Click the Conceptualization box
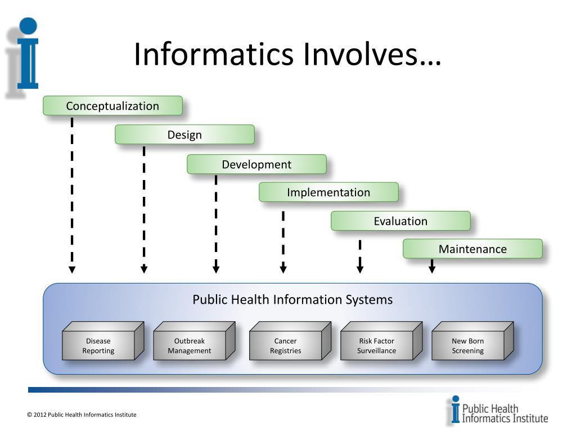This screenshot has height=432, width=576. point(112,106)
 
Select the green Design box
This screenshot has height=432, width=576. point(184,135)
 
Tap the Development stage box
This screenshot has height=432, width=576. point(256,164)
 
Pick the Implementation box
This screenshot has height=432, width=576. point(328,192)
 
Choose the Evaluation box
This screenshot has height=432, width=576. point(400,221)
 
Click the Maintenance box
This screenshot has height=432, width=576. point(472,249)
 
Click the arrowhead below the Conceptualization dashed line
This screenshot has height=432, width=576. point(72,269)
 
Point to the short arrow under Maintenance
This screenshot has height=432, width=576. point(432,267)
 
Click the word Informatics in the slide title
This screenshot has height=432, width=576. point(214,55)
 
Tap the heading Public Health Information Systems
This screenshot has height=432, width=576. point(292,299)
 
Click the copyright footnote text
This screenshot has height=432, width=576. point(82,415)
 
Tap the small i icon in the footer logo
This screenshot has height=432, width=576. point(454,410)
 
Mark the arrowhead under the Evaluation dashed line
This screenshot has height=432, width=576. point(360,269)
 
